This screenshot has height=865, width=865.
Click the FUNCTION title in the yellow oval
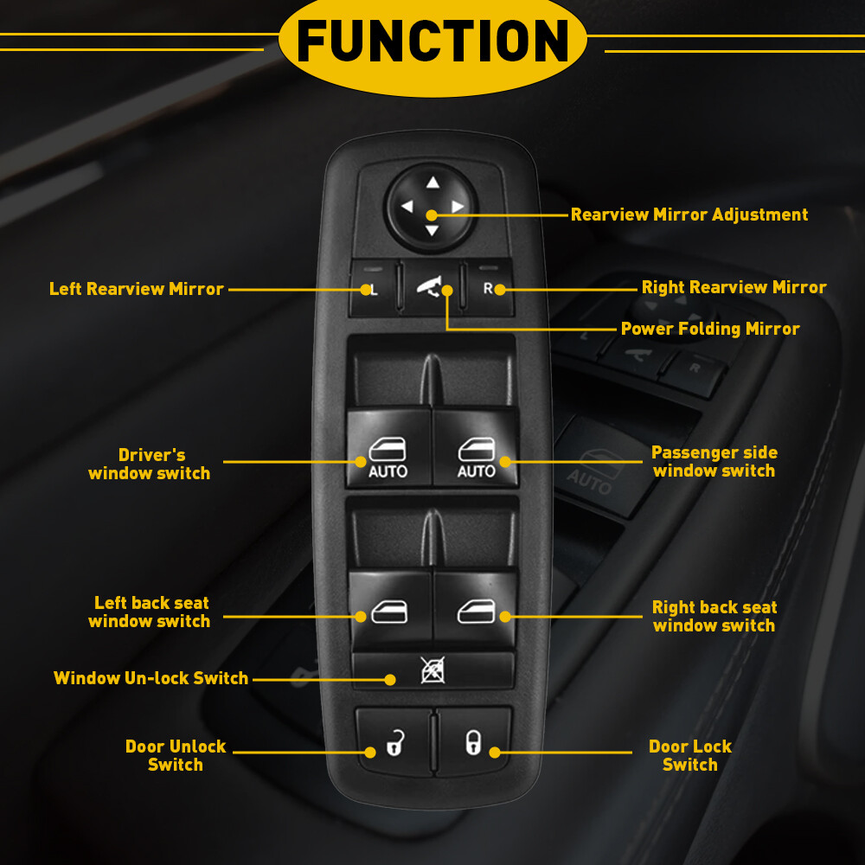pos(432,42)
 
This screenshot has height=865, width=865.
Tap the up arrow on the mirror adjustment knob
pos(432,183)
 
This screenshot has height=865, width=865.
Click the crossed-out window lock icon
pos(432,670)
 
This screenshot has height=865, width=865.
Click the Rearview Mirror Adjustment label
pos(689,215)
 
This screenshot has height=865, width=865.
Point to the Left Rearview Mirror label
pos(137,289)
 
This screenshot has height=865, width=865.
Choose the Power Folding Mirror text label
pos(709,329)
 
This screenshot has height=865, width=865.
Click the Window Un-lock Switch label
pos(151,678)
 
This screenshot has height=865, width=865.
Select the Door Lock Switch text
pos(689,755)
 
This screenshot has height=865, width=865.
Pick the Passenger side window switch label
pos(714,462)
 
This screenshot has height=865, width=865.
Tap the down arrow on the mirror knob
pos(432,230)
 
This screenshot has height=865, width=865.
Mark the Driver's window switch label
pos(150,464)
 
